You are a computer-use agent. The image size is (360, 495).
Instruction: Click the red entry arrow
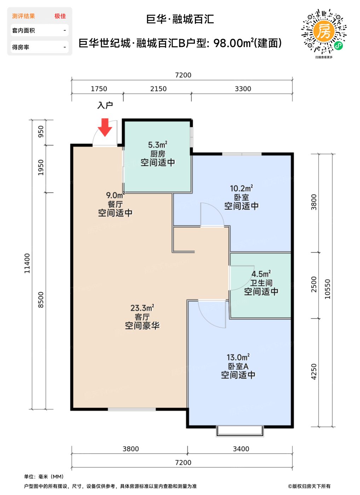105,127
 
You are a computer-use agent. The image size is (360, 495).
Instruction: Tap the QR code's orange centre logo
324,31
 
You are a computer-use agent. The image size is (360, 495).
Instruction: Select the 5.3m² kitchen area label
158,145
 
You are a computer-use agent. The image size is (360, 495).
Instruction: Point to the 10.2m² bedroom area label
241,188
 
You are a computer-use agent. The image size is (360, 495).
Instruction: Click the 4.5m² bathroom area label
261,274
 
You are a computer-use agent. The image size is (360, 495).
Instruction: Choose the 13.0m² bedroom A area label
238,357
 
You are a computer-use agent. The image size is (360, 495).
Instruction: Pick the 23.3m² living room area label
142,308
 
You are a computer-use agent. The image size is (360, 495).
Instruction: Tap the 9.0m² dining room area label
115,195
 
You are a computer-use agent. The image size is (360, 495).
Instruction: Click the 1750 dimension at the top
99,89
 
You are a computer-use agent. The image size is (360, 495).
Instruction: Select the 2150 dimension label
158,89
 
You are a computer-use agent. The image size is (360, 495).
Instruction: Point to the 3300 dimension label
243,89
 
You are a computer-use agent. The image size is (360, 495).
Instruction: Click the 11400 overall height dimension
27,263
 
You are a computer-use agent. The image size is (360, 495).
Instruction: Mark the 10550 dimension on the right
327,289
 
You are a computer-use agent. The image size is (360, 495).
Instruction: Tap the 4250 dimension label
314,372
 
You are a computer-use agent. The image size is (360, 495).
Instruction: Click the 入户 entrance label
105,105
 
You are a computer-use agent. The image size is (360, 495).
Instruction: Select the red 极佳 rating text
60,16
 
